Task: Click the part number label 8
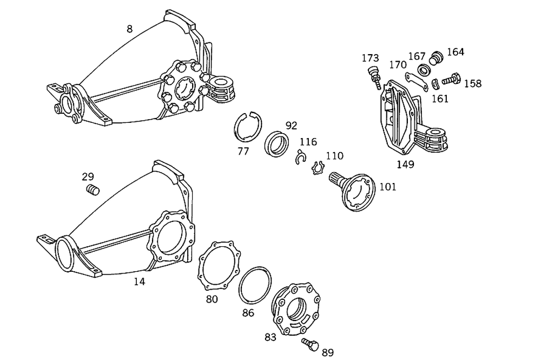[x=129, y=29]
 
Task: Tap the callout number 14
[x=140, y=281]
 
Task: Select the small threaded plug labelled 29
[x=94, y=189]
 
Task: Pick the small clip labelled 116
[x=300, y=159]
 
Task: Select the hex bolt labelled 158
[x=450, y=80]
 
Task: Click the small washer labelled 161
[x=436, y=84]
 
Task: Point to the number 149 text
[x=405, y=165]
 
